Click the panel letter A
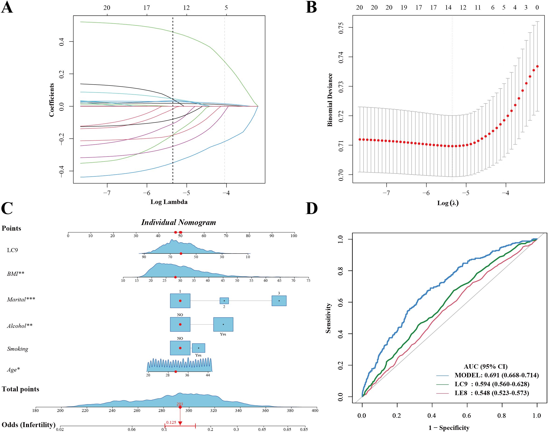(7, 7)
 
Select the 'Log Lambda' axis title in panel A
(169, 202)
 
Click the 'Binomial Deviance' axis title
(330, 100)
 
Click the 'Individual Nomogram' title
(178, 222)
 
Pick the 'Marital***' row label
(21, 300)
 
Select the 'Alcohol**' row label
(20, 326)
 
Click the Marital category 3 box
(279, 301)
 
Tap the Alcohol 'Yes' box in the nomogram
(223, 324)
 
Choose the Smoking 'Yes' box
(199, 348)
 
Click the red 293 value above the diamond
(180, 404)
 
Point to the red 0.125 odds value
(171, 422)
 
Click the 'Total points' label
(21, 389)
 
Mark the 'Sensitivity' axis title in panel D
(328, 318)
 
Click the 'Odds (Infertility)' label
(28, 425)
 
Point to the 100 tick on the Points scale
(294, 236)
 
